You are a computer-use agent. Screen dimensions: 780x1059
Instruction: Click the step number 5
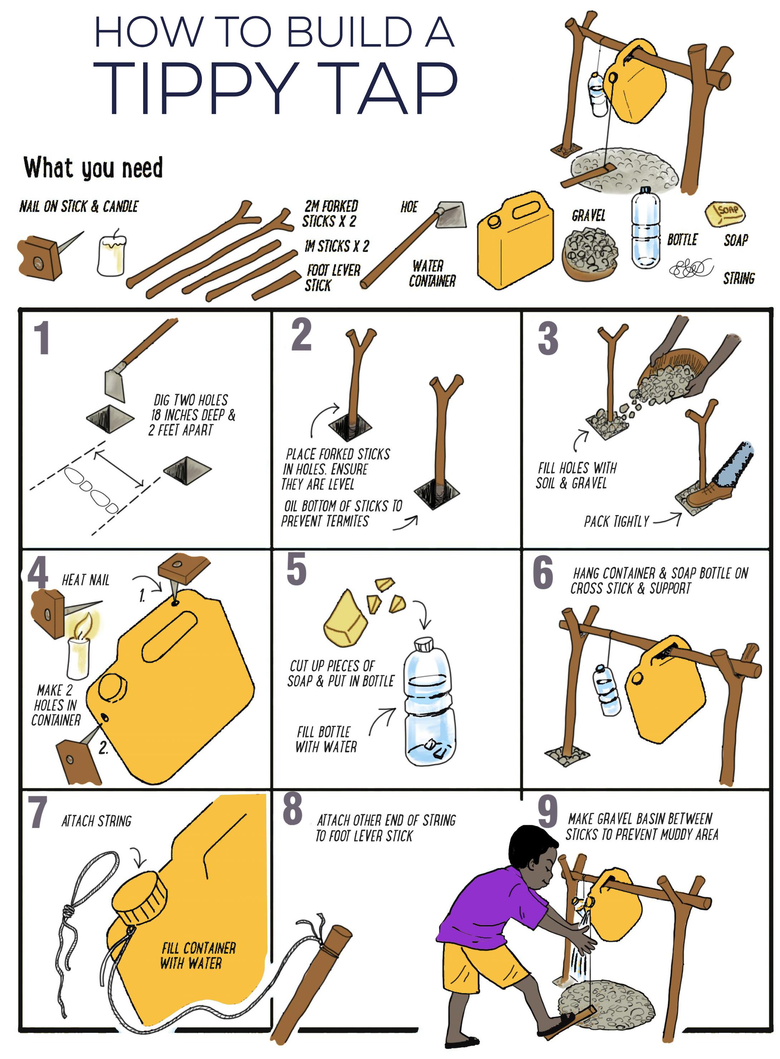[297, 569]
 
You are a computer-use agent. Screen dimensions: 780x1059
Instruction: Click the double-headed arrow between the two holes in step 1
[119, 469]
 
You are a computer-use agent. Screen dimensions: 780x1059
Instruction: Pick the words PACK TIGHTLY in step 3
[616, 522]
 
